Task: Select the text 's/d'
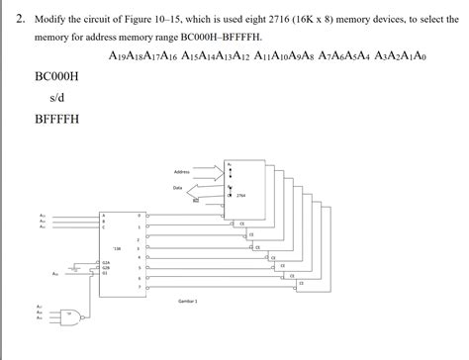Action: (56, 98)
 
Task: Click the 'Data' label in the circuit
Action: (178, 187)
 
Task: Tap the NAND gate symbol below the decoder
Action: (70, 316)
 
